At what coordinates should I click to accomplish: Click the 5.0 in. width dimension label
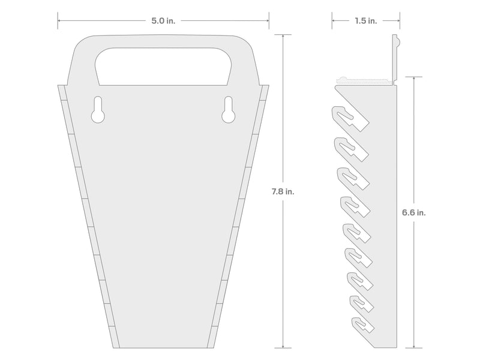click(163, 21)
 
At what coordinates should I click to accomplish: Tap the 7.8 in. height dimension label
click(283, 191)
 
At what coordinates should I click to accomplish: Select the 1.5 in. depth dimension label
click(366, 21)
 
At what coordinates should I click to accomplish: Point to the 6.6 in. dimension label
click(414, 212)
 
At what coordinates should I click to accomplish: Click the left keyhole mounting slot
click(98, 110)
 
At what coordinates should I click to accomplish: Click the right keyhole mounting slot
click(229, 110)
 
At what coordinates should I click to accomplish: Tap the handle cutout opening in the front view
click(163, 67)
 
